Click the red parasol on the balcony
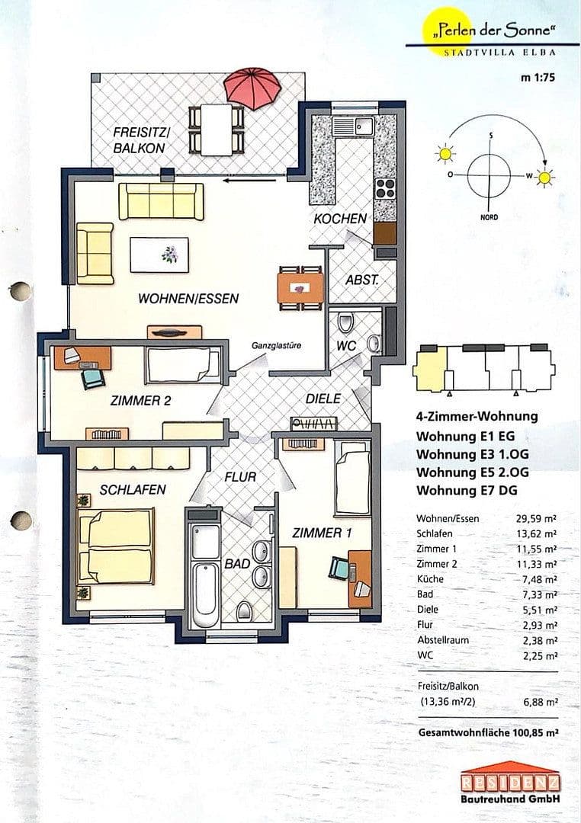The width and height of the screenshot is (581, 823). click(252, 88)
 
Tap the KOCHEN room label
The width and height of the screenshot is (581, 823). click(339, 219)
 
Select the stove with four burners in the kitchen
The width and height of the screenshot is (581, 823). click(385, 187)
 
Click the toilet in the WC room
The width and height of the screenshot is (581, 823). click(346, 324)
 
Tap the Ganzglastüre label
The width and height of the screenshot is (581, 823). click(276, 345)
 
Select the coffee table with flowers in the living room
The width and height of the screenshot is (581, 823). click(159, 255)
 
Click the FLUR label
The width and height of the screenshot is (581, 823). click(239, 476)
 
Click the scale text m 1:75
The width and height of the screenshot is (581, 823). click(538, 76)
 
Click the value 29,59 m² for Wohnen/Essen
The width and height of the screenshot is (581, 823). click(536, 518)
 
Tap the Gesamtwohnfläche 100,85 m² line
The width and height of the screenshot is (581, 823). click(488, 732)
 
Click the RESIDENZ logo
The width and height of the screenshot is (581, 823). click(510, 782)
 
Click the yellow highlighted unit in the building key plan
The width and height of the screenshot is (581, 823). click(429, 368)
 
